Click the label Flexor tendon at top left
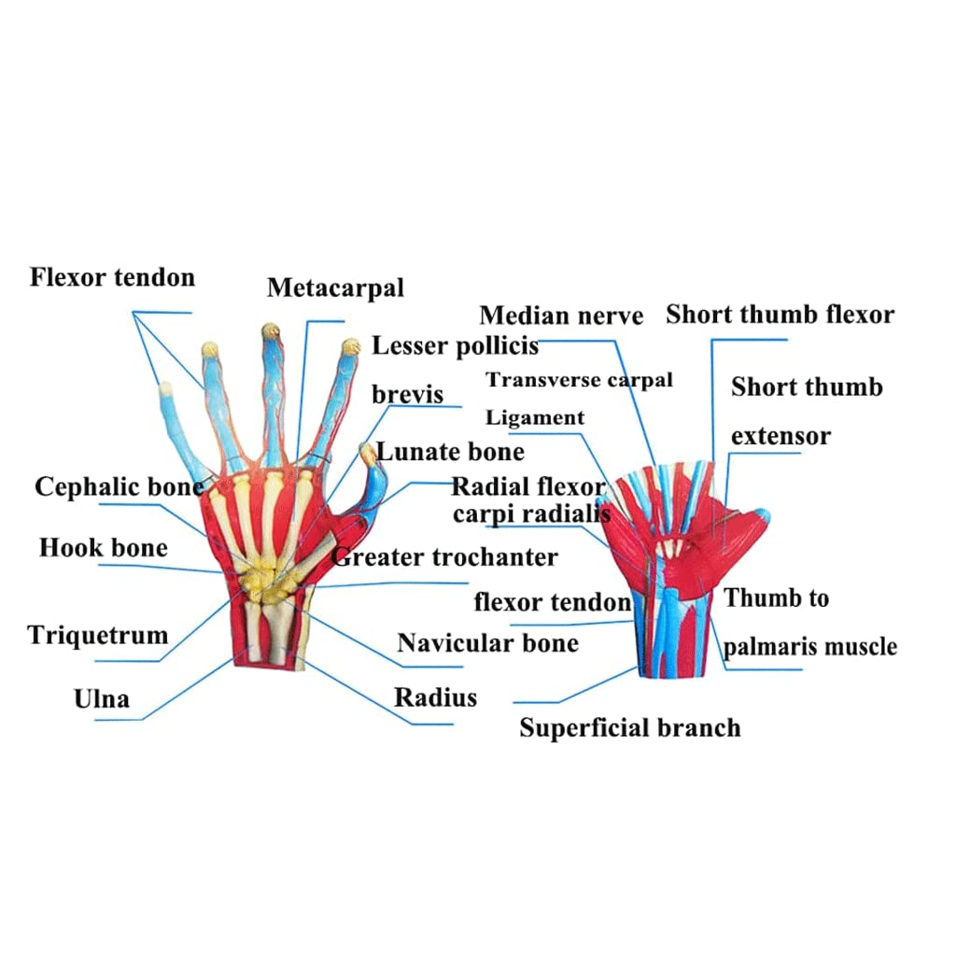tap(112, 277)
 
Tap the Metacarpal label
tap(335, 288)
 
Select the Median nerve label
tap(561, 316)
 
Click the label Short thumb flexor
tap(780, 315)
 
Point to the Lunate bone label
tap(450, 452)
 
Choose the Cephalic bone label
tap(119, 486)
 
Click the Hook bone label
tap(103, 547)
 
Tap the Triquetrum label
tap(97, 635)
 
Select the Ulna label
tap(102, 698)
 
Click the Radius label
tap(435, 697)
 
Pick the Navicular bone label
tap(487, 642)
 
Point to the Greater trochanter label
tap(445, 557)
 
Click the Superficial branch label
tap(630, 728)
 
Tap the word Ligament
tap(535, 417)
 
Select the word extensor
tap(780, 436)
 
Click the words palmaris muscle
tap(810, 646)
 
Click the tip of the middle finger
tap(271, 329)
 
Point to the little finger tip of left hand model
tap(164, 387)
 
